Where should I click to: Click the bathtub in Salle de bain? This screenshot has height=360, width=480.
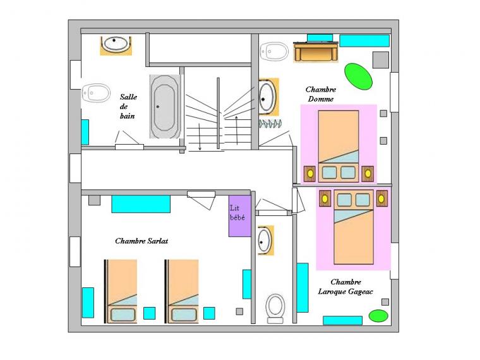tap(165, 107)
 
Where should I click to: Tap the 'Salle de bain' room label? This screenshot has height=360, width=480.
tap(128, 106)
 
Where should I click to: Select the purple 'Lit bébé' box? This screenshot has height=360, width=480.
tap(240, 216)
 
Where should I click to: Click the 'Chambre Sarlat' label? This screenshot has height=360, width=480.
tap(141, 241)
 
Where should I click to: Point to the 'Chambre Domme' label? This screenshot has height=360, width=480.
tap(320, 94)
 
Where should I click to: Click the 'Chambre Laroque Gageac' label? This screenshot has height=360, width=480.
tap(345, 287)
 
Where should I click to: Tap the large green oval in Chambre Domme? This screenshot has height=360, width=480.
tap(359, 76)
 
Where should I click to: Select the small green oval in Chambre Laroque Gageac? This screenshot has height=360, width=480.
tap(378, 316)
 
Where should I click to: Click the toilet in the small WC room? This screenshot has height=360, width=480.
tap(275, 309)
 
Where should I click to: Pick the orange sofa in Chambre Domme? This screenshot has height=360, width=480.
tap(316, 52)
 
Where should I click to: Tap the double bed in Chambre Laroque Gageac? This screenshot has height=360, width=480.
tap(354, 227)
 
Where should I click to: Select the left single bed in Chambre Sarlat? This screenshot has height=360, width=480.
tap(121, 291)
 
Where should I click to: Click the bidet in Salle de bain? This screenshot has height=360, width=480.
tap(96, 93)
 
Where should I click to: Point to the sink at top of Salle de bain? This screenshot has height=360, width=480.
tap(116, 45)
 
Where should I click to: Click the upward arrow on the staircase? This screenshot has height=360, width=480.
tap(237, 130)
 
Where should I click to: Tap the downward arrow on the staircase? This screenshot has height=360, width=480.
tap(200, 136)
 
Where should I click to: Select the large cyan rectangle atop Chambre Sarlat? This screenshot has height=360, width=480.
tap(141, 204)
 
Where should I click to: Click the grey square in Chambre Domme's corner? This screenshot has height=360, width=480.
tap(380, 60)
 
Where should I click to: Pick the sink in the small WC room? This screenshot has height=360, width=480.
tap(265, 240)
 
